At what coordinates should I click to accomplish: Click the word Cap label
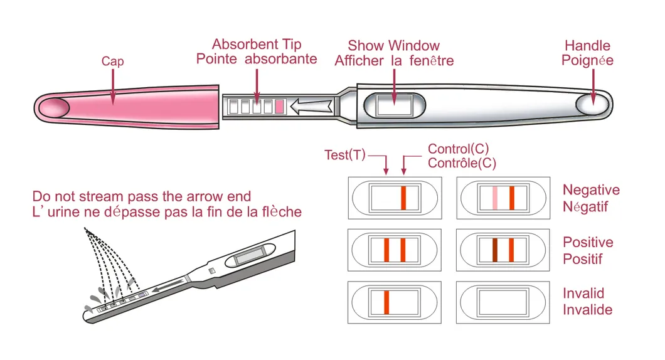[112, 61]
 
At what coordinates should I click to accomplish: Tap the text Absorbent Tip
[257, 44]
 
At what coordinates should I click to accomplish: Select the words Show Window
[393, 45]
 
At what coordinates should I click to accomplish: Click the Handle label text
[587, 45]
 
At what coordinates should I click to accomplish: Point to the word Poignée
[587, 60]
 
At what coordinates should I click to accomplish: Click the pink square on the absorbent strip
[279, 107]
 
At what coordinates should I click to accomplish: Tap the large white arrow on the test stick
[311, 107]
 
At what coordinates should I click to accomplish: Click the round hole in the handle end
[592, 104]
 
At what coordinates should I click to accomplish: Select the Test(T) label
[345, 155]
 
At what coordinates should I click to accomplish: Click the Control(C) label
[459, 149]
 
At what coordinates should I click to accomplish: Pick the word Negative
[591, 189]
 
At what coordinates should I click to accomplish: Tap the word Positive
[588, 242]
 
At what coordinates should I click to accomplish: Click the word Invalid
[583, 293]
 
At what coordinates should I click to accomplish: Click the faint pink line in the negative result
[495, 198]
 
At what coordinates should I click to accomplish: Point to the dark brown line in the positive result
[495, 250]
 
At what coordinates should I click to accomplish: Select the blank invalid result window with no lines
[503, 302]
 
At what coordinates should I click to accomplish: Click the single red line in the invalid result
[386, 302]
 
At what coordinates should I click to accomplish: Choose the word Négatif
[585, 206]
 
